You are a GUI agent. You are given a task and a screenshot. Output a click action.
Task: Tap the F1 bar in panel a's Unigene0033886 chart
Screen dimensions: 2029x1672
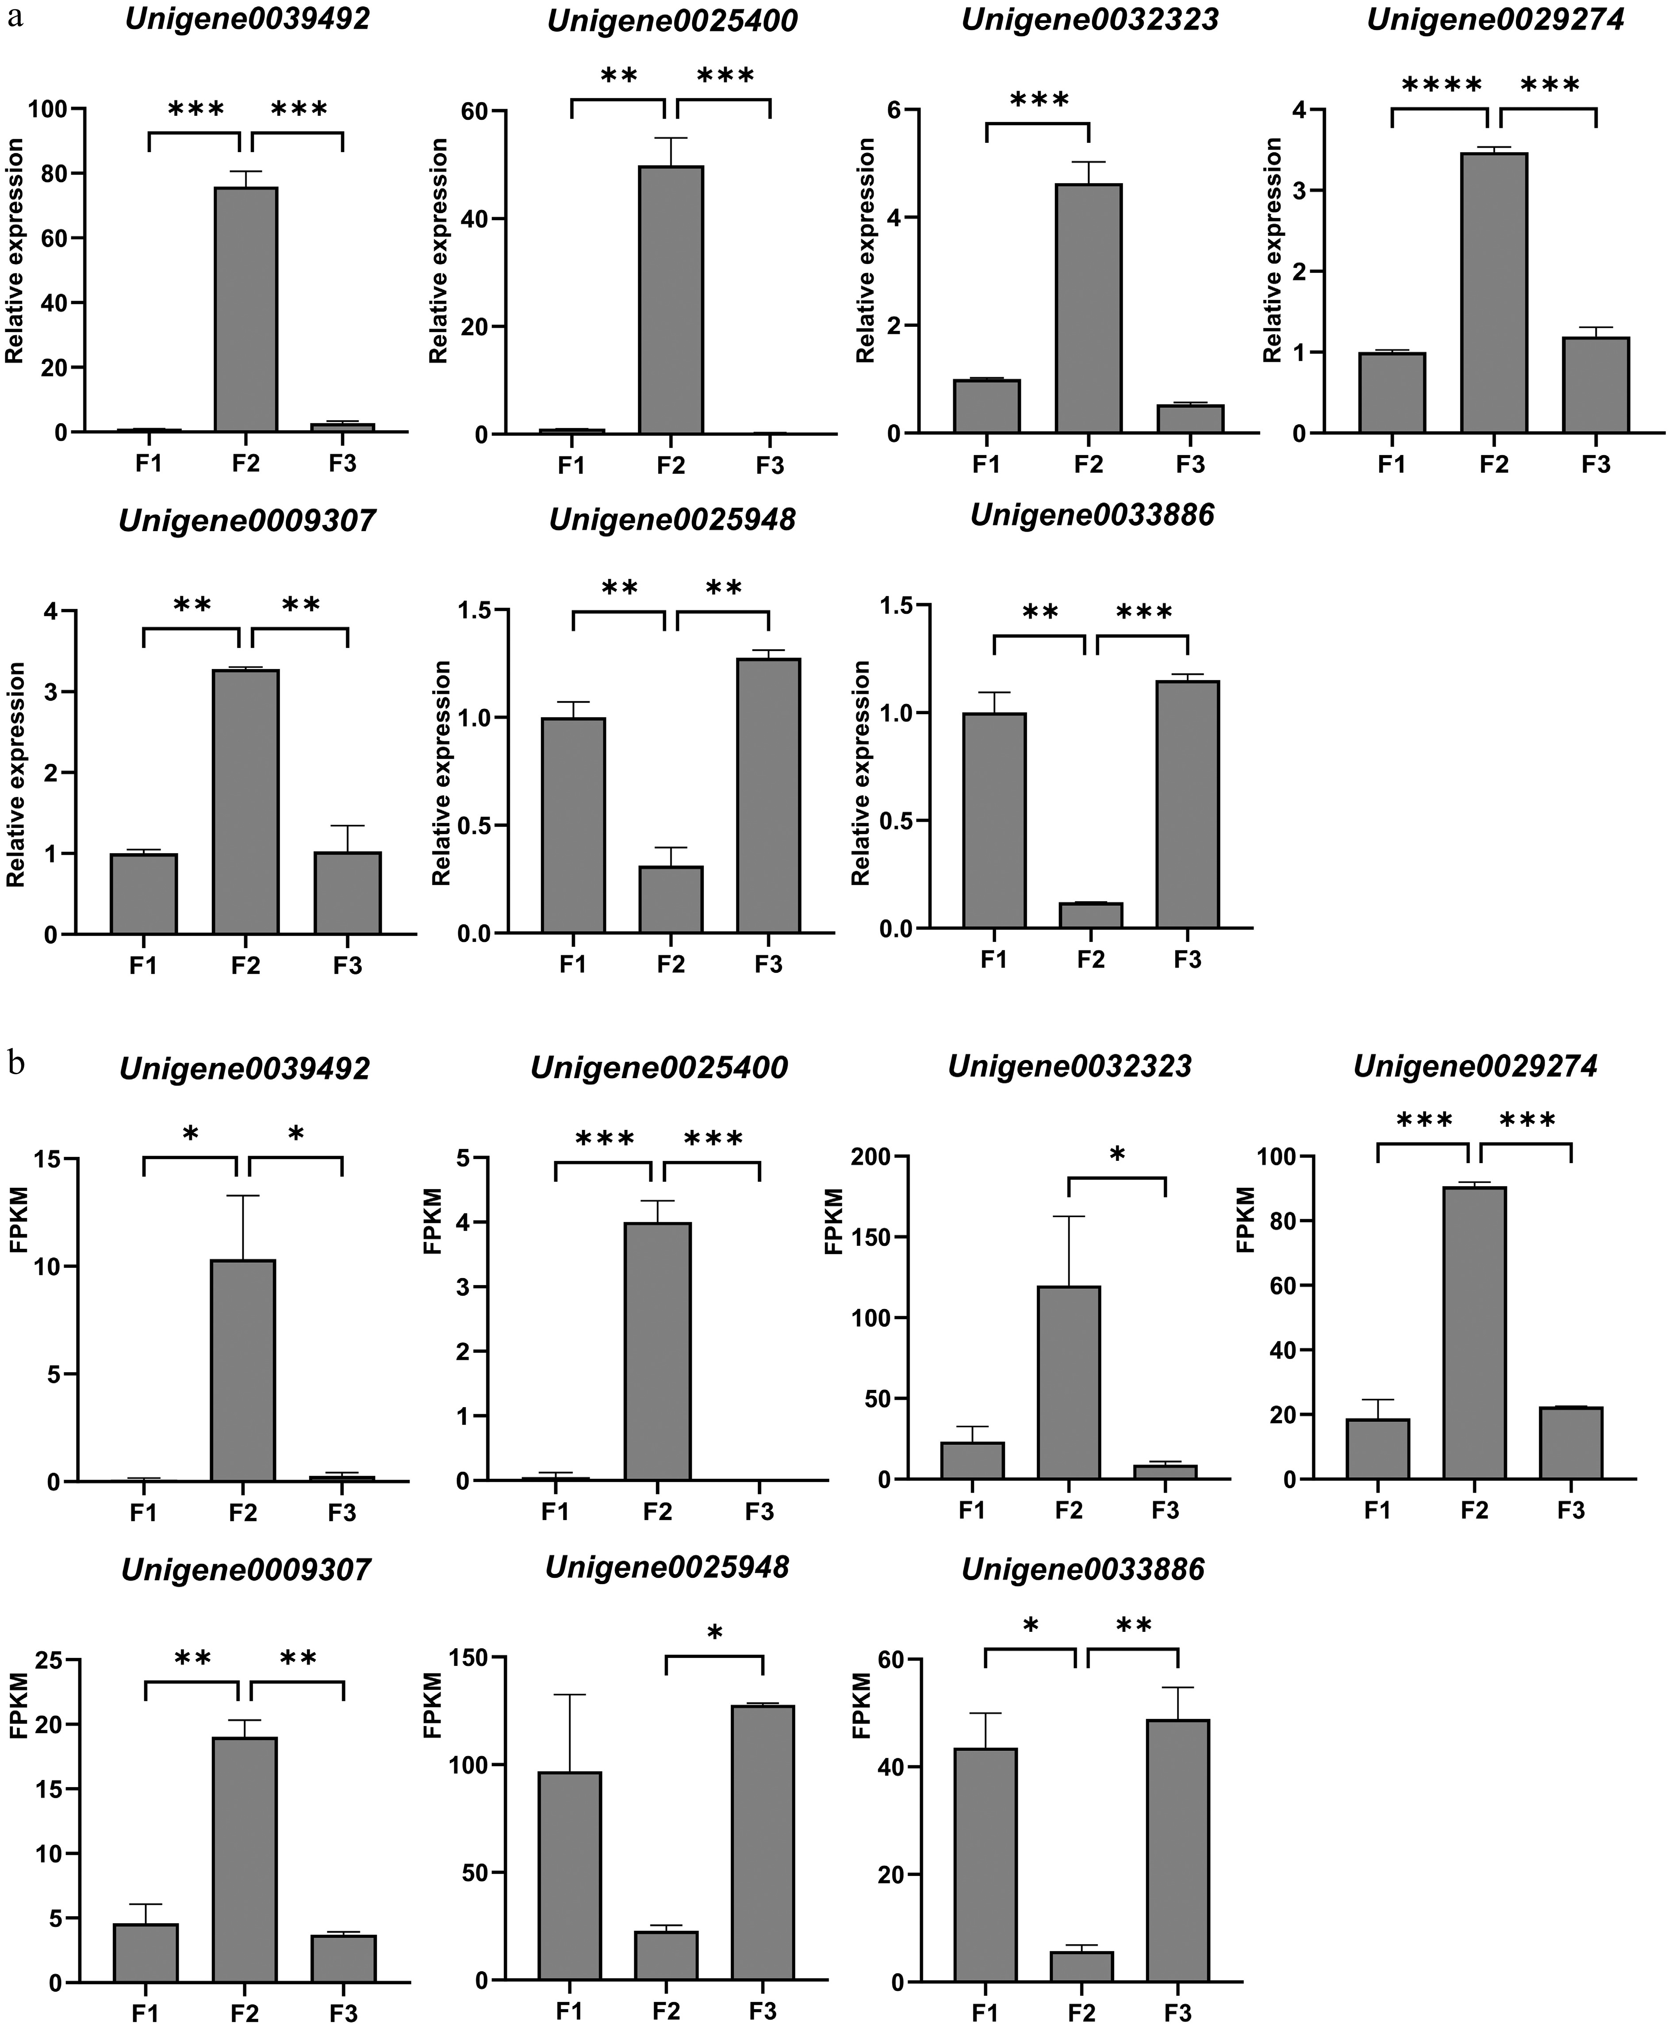coord(994,820)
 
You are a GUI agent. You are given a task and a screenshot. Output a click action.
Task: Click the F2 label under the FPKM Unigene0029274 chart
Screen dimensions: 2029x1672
coord(1473,1510)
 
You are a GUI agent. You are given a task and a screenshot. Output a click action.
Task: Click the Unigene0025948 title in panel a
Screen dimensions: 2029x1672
coord(672,520)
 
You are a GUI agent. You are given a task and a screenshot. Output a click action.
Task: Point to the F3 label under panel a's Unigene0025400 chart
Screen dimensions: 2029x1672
coord(770,465)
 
